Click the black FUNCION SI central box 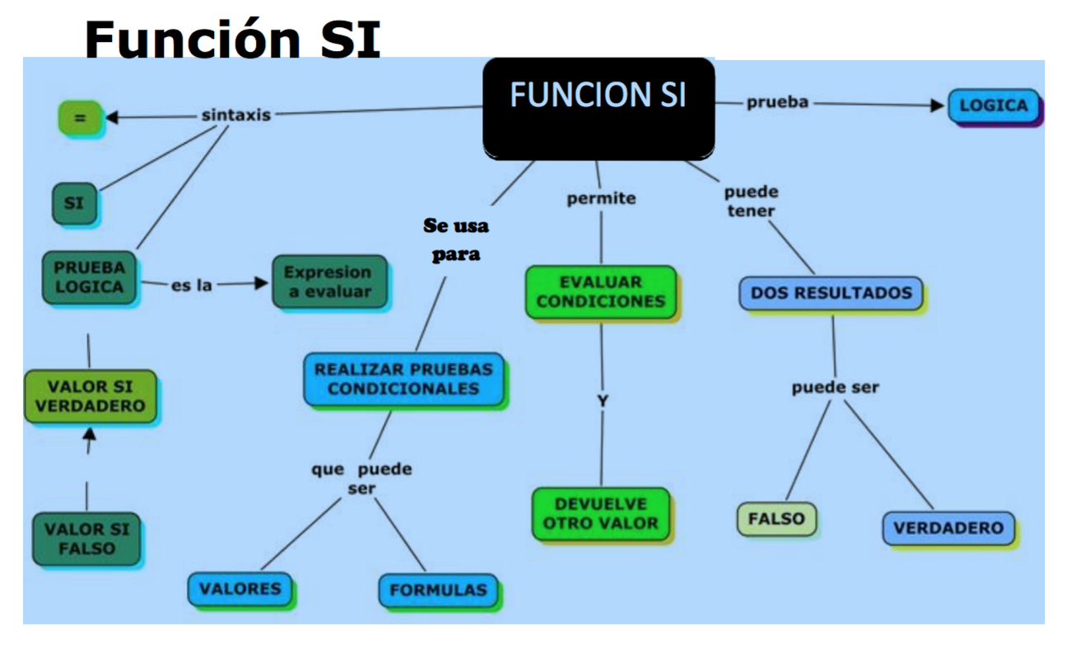598,108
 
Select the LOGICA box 994,106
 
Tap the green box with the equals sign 80,118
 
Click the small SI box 74,202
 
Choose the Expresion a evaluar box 328,282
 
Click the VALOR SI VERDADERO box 90,396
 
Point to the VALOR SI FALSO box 86,538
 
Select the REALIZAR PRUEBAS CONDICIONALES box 403,380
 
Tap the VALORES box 240,589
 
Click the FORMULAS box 438,590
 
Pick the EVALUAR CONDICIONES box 600,291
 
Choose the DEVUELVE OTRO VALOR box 600,514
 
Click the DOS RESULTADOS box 831,293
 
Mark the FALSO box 776,519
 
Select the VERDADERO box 948,529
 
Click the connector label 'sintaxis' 236,115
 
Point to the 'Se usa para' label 456,240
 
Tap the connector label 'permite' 601,198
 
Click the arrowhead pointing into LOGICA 938,105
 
